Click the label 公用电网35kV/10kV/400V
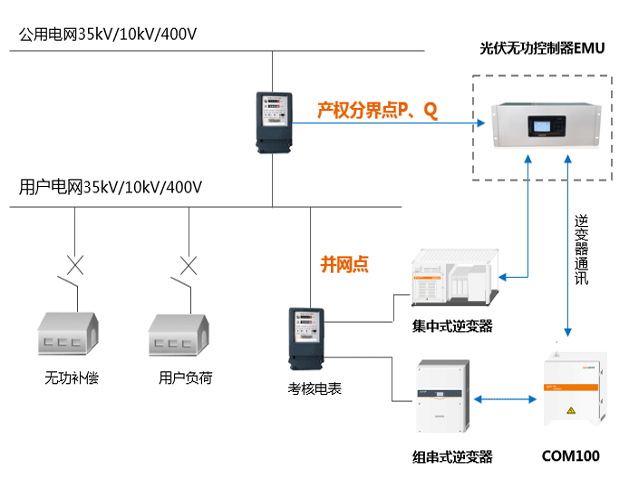click(x=108, y=34)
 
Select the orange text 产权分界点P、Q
click(x=377, y=111)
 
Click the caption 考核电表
click(x=308, y=389)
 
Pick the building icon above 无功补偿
click(x=70, y=335)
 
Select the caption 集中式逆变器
click(x=452, y=326)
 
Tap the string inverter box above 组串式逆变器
click(x=441, y=398)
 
